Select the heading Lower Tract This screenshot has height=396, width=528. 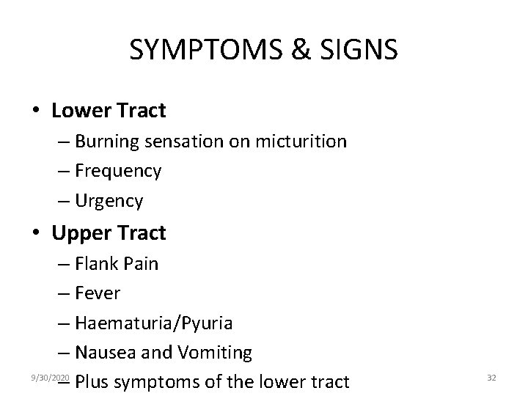coord(109,111)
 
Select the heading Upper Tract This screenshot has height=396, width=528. coord(109,233)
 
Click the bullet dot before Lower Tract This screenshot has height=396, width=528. coord(36,111)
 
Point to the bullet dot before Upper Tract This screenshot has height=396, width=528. coord(36,234)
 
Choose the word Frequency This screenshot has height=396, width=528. coord(118,171)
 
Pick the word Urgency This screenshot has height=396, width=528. coord(109,200)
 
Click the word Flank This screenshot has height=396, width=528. coord(97,263)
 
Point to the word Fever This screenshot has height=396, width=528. coord(98,293)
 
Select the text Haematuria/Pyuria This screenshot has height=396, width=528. coord(153,323)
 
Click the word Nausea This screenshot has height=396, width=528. coord(105,353)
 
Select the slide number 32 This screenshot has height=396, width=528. coord(491,377)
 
